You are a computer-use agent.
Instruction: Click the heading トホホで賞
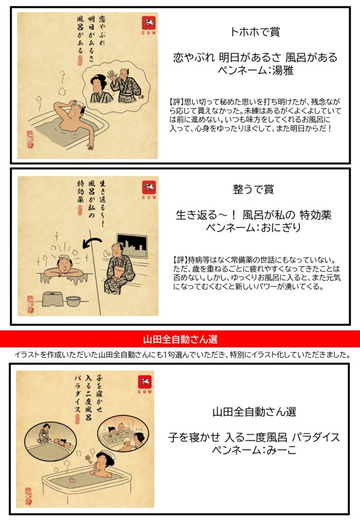coord(255,32)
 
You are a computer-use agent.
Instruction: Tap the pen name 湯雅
coord(283,70)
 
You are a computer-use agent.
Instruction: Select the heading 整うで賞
coord(253,189)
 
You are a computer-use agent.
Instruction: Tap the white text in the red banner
coord(180,339)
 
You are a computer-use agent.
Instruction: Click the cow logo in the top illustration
coord(149,24)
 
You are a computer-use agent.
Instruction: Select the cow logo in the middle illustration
coord(149,188)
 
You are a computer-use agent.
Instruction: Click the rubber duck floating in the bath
coord(71,479)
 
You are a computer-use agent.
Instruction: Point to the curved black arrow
coord(92,242)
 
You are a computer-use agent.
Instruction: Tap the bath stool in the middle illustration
coord(53,300)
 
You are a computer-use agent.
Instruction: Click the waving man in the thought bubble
coord(126,86)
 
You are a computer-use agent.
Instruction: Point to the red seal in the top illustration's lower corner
coord(30,139)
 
